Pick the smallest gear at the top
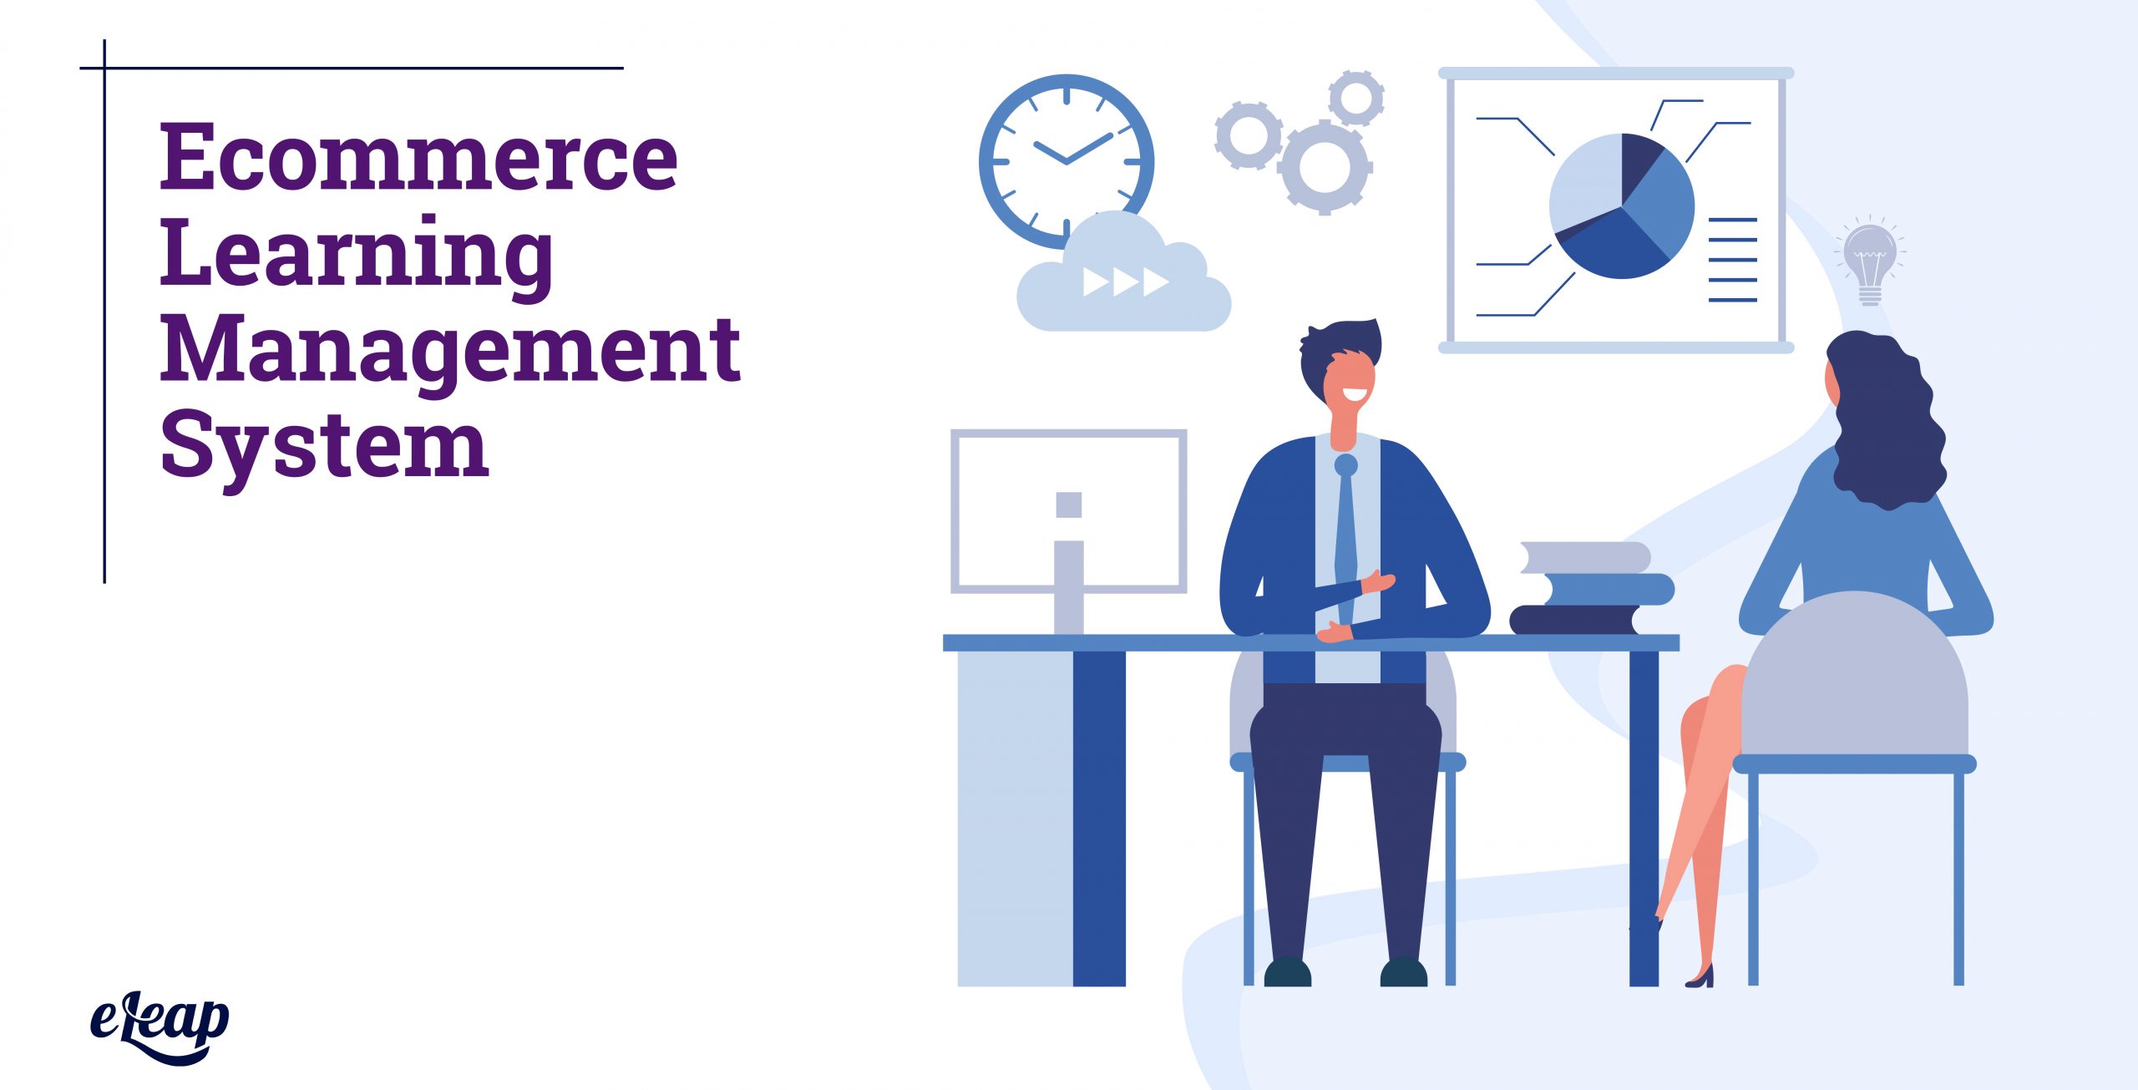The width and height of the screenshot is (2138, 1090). coord(1356,98)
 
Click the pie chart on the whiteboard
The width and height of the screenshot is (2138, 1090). coord(1620,205)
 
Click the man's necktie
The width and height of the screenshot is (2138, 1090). coord(1345,535)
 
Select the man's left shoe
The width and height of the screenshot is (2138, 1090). coord(1287,972)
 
